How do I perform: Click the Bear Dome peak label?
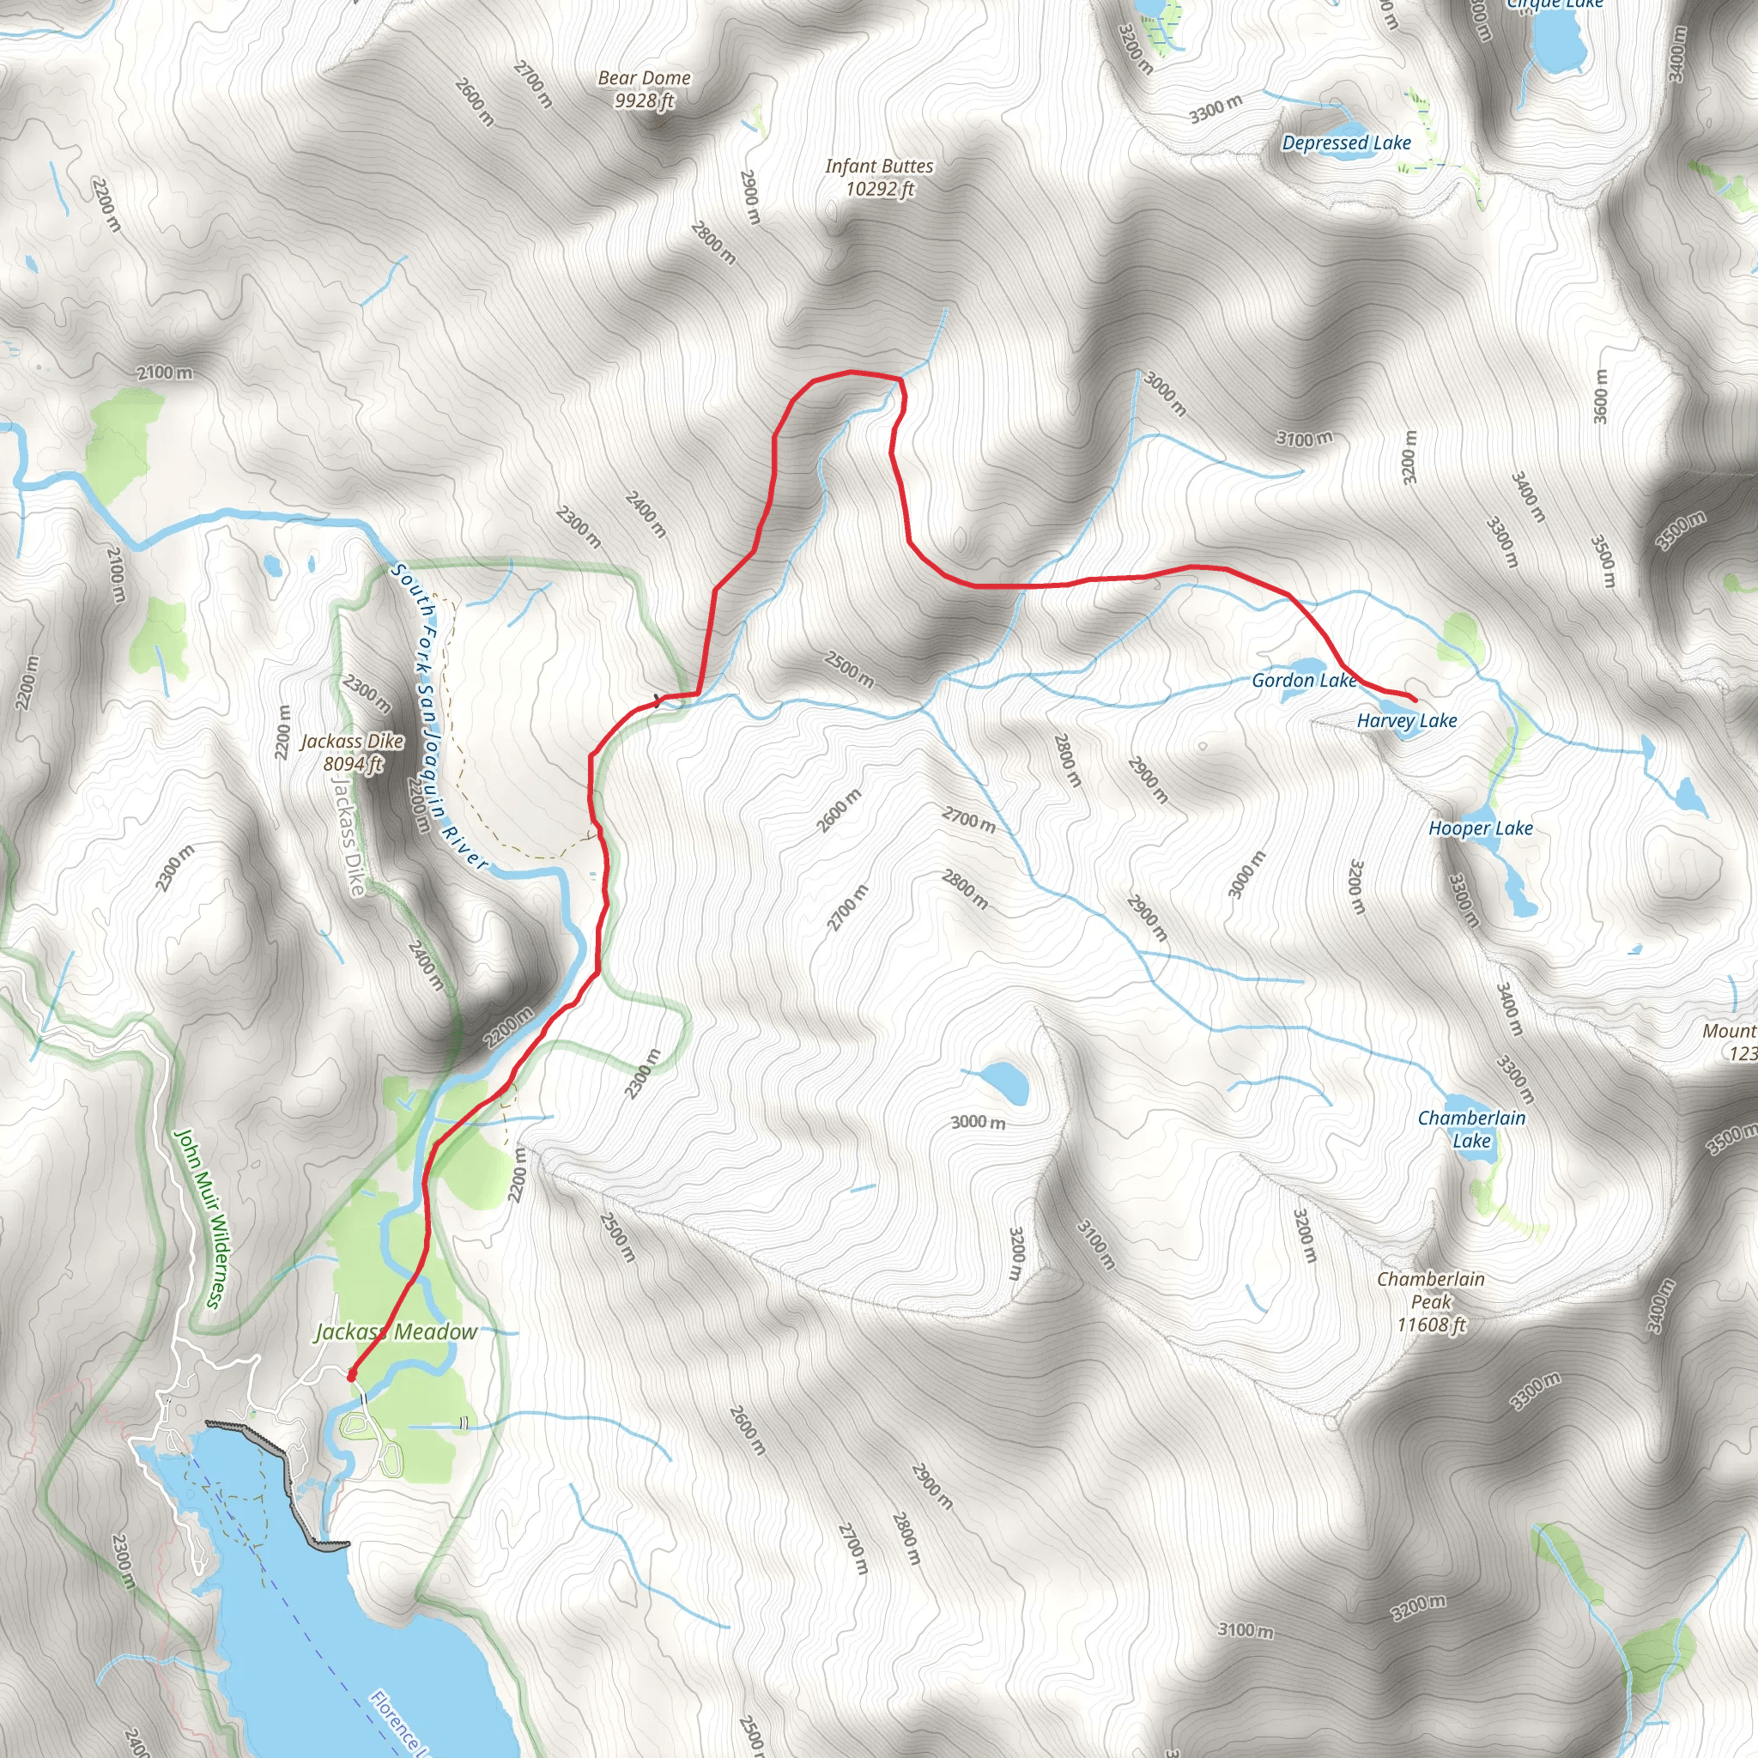(645, 89)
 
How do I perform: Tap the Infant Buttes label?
(879, 178)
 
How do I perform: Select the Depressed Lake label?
(1346, 142)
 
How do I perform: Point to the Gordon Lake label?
(1303, 681)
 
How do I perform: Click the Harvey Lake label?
(1407, 721)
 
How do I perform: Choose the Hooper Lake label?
(1481, 828)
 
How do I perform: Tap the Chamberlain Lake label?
(1471, 1130)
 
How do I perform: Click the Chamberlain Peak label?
(1431, 1301)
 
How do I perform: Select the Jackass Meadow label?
(396, 1332)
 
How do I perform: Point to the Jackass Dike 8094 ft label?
(352, 753)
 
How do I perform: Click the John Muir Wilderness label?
(198, 1218)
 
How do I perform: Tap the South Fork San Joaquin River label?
(439, 717)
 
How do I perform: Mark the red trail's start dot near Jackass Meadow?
(351, 1377)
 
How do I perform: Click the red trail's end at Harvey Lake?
(1415, 699)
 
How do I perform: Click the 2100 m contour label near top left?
(165, 373)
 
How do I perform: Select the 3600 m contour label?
(1601, 396)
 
